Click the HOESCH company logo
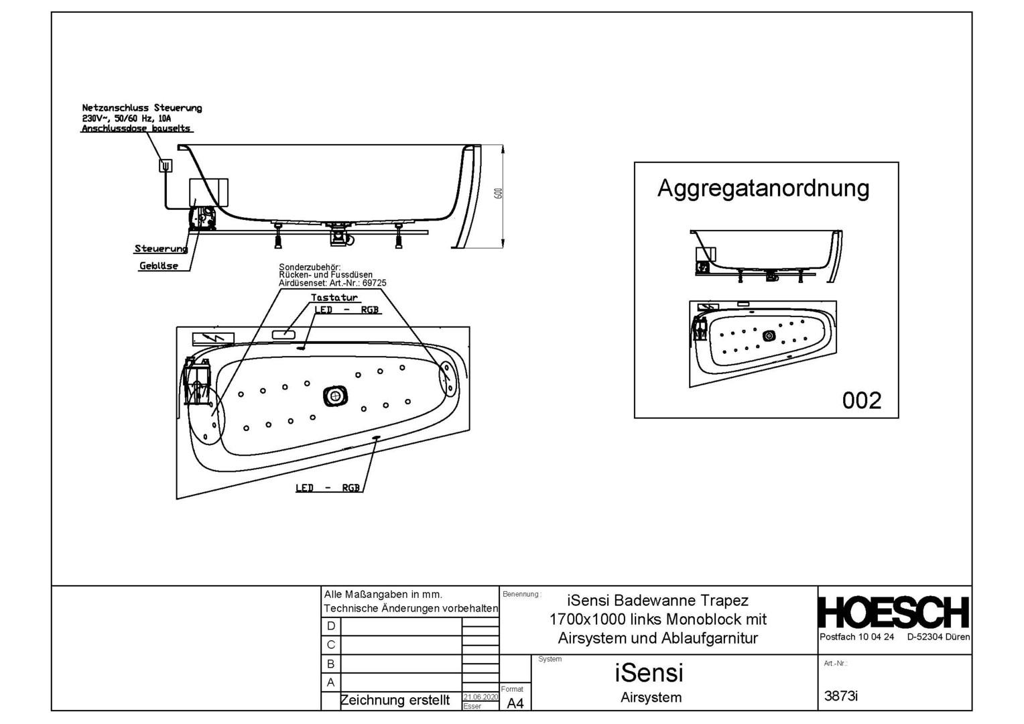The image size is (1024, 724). (894, 612)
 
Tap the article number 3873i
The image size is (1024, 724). (841, 696)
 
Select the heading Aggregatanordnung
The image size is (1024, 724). (763, 188)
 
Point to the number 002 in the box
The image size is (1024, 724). (861, 400)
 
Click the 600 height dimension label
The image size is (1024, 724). (498, 193)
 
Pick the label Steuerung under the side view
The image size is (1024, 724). (161, 249)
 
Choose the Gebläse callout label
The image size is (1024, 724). (159, 266)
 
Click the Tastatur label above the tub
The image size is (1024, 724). (334, 298)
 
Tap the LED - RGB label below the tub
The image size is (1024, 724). (328, 488)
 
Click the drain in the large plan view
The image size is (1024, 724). (334, 396)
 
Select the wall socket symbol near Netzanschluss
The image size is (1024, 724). (166, 165)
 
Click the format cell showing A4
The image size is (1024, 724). (515, 703)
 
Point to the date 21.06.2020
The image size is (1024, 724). (481, 697)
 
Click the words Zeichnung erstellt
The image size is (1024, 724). (395, 701)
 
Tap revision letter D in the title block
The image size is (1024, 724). (331, 626)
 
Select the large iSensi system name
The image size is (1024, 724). (649, 672)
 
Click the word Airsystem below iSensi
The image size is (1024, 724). (651, 697)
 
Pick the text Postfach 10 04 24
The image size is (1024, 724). (856, 637)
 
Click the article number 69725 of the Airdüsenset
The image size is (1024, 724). (374, 283)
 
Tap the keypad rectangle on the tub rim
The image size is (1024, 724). (283, 332)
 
